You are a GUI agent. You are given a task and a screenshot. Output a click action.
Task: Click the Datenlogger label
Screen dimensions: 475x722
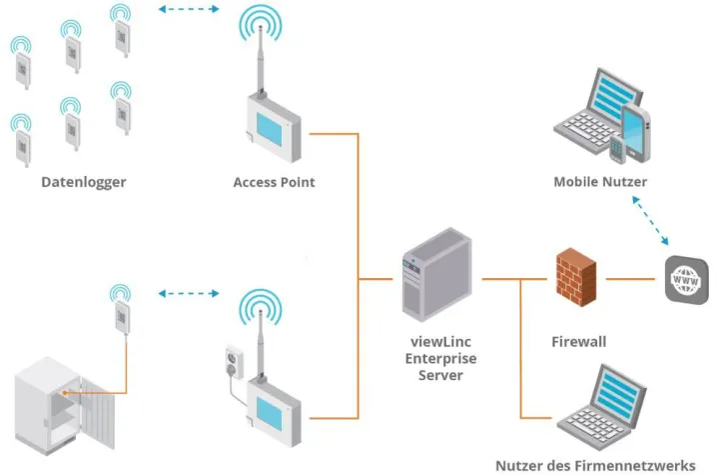click(x=84, y=182)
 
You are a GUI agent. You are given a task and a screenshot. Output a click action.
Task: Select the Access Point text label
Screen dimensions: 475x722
click(x=274, y=182)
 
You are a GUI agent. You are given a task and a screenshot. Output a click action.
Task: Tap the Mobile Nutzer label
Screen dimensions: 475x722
click(x=600, y=182)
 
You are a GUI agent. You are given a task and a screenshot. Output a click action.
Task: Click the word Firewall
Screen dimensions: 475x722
click(x=579, y=342)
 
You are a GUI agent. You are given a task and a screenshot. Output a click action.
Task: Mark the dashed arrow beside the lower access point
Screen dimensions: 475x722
click(x=189, y=295)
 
